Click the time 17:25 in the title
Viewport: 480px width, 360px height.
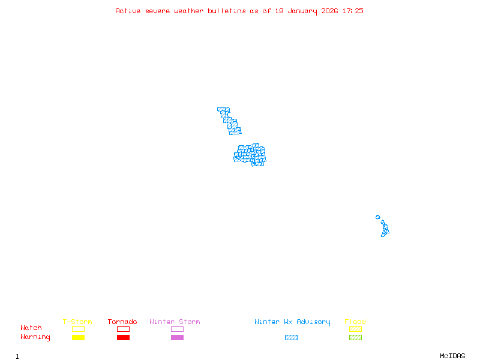(352, 11)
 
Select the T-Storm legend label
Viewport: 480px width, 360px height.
(77, 322)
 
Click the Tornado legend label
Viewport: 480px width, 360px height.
(122, 322)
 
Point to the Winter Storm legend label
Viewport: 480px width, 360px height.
(175, 322)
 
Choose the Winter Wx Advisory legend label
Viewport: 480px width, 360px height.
(292, 322)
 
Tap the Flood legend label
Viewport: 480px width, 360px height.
(355, 322)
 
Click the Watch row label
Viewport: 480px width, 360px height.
(31, 328)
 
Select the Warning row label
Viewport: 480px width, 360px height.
(35, 337)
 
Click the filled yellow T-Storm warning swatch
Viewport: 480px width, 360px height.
(78, 337)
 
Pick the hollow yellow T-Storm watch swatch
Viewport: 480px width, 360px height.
(78, 329)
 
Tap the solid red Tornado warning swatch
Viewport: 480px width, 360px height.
(123, 337)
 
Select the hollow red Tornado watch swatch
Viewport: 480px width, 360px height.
(123, 329)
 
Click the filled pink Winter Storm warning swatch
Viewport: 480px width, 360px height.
(177, 337)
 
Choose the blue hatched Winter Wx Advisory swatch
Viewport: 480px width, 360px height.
(291, 337)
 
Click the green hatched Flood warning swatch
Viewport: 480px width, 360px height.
(355, 337)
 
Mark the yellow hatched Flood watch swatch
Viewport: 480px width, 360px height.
(355, 329)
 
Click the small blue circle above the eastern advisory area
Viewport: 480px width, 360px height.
(377, 217)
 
